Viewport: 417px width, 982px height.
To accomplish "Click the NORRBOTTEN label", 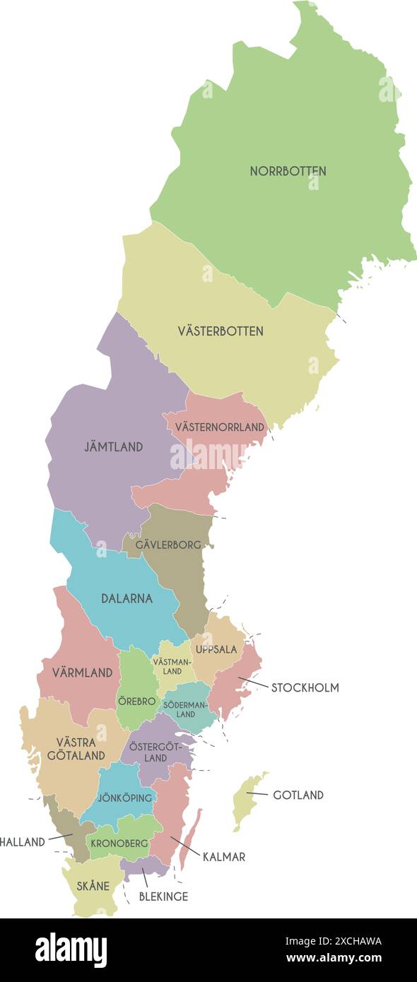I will tap(288, 171).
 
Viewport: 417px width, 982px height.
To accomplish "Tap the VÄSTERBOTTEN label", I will tap(221, 331).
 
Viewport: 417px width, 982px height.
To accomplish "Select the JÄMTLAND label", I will tap(114, 446).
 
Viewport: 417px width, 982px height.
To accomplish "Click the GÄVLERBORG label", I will tap(168, 545).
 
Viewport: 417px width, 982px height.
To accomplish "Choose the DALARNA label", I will tap(127, 598).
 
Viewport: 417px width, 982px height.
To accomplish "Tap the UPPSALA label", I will tap(216, 649).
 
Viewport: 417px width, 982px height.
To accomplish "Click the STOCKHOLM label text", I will tap(305, 687).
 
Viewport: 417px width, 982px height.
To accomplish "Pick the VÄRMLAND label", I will tap(83, 673).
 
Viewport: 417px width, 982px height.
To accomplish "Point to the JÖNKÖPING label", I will tap(125, 798).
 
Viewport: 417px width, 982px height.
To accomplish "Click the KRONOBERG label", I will tap(119, 843).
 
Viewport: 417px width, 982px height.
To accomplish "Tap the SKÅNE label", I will tap(93, 886).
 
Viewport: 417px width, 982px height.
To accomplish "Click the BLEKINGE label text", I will tap(163, 897).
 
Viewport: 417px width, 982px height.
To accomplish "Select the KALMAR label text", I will tap(223, 857).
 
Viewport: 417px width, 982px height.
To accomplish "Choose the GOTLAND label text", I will tap(298, 795).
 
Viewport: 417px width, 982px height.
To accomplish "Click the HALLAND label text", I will tap(23, 841).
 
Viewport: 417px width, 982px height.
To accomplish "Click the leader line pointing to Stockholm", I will tap(253, 682).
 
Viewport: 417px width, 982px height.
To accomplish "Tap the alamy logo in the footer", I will tap(71, 950).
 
